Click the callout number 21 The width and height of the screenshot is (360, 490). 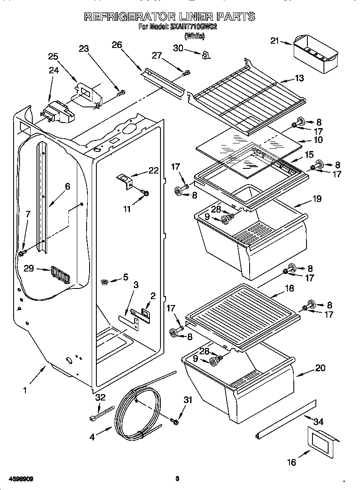[x=275, y=41]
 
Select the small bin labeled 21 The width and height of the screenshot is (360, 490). [x=315, y=55]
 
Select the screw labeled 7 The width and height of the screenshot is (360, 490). [x=21, y=253]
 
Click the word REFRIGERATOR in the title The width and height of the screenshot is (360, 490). [x=127, y=17]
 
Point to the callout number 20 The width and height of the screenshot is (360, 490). [x=320, y=368]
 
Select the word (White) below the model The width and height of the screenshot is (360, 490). [x=194, y=36]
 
